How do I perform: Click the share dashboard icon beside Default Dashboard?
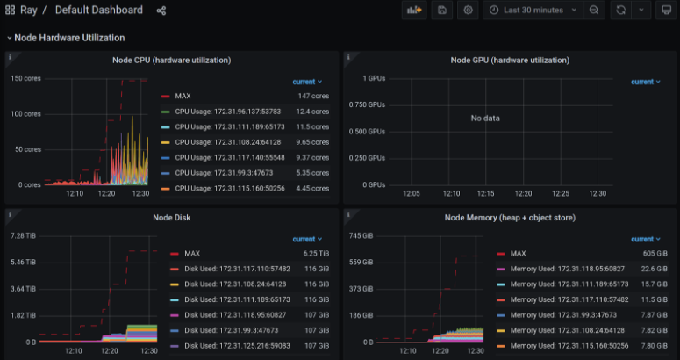tap(161, 11)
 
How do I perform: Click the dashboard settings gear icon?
tap(469, 10)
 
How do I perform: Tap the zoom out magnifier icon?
tap(594, 10)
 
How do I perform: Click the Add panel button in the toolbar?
tap(413, 10)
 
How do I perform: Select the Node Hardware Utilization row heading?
tap(69, 38)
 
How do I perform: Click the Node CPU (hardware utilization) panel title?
tap(171, 61)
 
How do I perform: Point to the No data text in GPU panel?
tap(485, 118)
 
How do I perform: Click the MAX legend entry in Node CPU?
tap(183, 96)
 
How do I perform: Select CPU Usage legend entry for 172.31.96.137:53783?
tap(227, 112)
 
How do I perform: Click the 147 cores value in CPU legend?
tap(313, 96)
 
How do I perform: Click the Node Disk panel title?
tap(171, 218)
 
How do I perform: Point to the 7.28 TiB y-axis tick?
tap(22, 236)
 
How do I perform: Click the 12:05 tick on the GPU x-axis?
tap(411, 194)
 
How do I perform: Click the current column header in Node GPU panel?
tap(643, 82)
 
